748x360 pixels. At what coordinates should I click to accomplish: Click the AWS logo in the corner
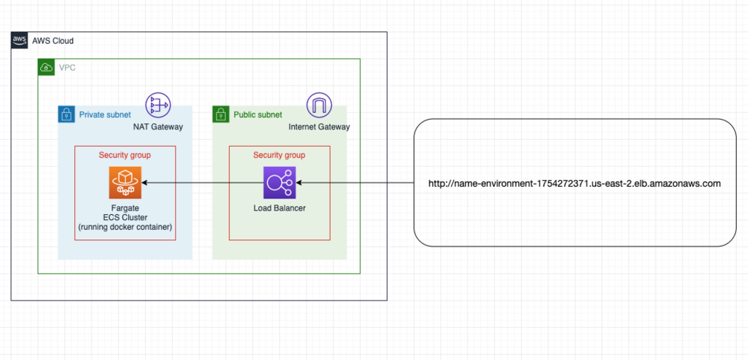pyautogui.click(x=19, y=40)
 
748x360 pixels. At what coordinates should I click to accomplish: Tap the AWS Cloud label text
pyautogui.click(x=53, y=41)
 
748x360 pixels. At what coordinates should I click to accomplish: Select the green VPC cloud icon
pyautogui.click(x=46, y=68)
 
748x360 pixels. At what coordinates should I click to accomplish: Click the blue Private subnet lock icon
pyautogui.click(x=66, y=115)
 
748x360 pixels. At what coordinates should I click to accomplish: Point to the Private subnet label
pyautogui.click(x=105, y=115)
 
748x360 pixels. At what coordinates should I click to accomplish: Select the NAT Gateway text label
pyautogui.click(x=158, y=127)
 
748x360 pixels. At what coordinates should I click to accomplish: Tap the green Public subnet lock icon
pyautogui.click(x=221, y=115)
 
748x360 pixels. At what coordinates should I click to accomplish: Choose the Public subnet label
pyautogui.click(x=258, y=115)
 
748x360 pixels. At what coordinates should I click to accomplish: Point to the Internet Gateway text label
pyautogui.click(x=319, y=127)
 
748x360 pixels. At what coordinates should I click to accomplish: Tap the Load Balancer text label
pyautogui.click(x=279, y=208)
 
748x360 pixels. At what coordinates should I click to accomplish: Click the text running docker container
pyautogui.click(x=125, y=227)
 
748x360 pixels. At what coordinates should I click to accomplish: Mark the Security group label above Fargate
pyautogui.click(x=125, y=155)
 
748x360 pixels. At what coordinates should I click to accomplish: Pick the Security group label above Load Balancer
pyautogui.click(x=279, y=155)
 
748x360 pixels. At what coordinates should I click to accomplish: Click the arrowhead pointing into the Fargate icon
pyautogui.click(x=145, y=182)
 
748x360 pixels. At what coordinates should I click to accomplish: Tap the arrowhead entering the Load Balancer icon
pyautogui.click(x=299, y=182)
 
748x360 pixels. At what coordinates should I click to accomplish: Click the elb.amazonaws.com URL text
pyautogui.click(x=574, y=183)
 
